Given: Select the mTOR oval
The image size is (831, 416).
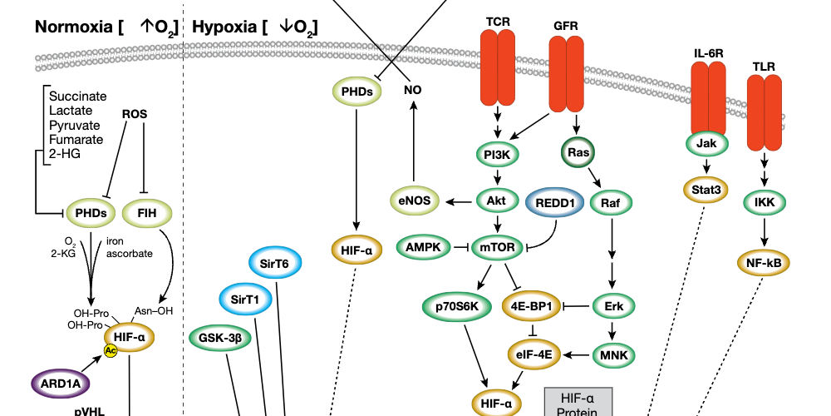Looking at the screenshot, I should tap(497, 246).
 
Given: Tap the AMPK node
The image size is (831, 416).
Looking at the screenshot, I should tap(424, 246).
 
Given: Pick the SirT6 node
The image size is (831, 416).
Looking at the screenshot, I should tap(274, 263).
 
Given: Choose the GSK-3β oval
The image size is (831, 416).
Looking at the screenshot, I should tap(220, 338).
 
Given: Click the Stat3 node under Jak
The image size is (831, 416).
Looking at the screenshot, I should tap(706, 189).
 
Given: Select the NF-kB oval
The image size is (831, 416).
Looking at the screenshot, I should tap(763, 263).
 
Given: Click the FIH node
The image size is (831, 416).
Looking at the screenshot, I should tap(147, 213).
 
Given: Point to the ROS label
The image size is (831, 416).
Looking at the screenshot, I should tap(135, 114).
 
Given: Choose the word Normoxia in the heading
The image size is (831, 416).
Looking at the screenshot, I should tap(73, 27).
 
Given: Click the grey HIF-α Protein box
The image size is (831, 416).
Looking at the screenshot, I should tap(578, 402).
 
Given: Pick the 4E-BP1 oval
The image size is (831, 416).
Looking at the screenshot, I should tap(532, 306).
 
